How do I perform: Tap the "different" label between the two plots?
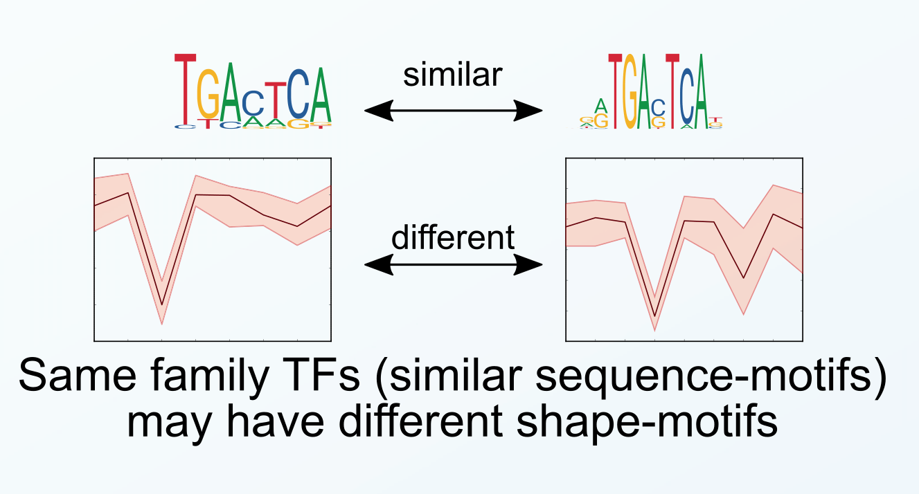click(453, 237)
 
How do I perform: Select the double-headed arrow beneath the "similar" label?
click(452, 109)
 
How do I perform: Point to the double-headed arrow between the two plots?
click(452, 264)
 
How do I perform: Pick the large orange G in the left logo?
click(208, 97)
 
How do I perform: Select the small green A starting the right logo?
click(602, 106)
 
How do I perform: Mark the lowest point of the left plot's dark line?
click(162, 304)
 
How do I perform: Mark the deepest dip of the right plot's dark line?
click(654, 317)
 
